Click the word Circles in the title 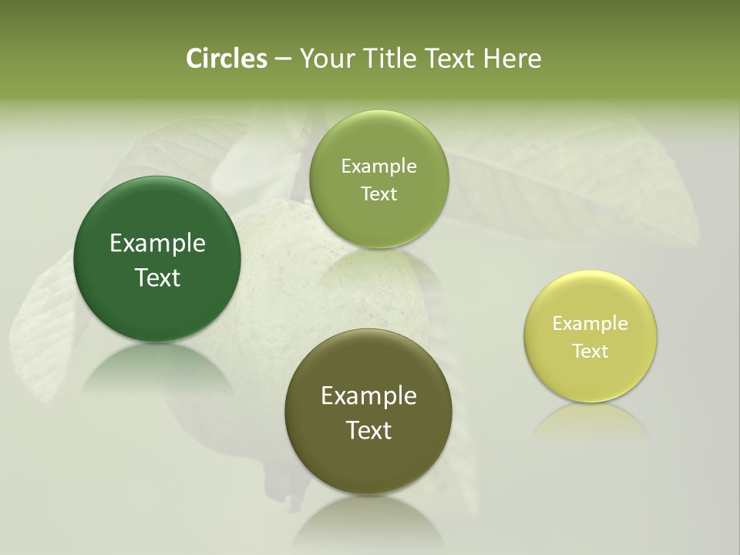227,59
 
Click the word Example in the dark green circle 157,244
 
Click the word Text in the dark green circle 157,278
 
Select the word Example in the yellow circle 590,324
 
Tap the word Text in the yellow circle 590,351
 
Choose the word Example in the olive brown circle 368,396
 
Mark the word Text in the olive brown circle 368,430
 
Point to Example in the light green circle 378,166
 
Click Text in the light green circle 378,194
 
